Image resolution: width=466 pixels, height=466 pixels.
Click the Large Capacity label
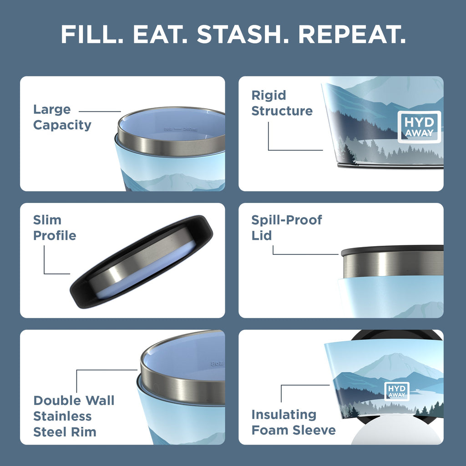coord(62,117)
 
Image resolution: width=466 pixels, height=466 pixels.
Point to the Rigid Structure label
coord(282,103)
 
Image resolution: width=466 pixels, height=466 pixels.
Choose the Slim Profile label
coord(54,228)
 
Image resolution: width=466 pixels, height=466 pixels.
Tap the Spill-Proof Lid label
coord(287,228)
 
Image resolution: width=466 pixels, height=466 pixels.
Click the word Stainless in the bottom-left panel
coord(62,416)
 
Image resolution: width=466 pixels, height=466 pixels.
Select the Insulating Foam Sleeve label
coord(294,422)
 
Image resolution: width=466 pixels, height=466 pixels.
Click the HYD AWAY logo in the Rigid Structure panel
coord(419,127)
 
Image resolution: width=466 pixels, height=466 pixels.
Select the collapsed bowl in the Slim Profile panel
coord(142,263)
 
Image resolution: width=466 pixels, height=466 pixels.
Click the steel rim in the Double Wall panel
coord(182,387)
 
